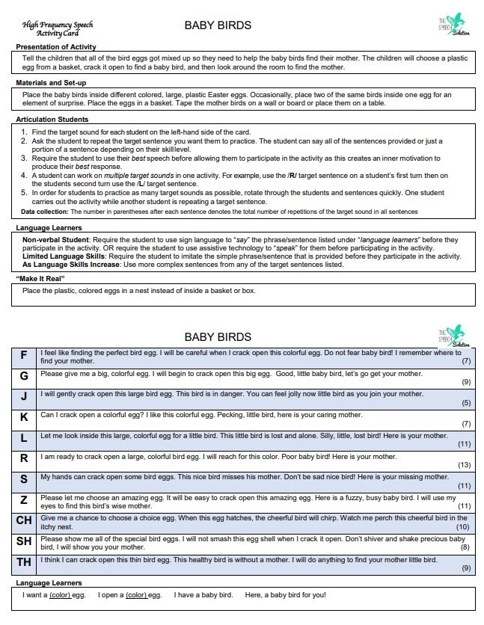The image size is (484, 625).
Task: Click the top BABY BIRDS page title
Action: tap(218, 25)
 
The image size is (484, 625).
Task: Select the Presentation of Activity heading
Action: tap(56, 47)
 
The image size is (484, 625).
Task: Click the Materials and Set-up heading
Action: tap(51, 82)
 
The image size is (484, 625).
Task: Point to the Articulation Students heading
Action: tap(53, 120)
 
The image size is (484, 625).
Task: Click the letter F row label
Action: tap(24, 356)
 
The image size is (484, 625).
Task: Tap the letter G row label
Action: tap(24, 376)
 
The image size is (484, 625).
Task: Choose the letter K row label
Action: tap(24, 417)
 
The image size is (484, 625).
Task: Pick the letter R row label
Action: tap(24, 458)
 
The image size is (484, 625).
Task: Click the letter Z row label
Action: tap(24, 499)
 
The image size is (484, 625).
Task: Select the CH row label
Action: tap(24, 520)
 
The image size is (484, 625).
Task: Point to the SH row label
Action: tap(24, 541)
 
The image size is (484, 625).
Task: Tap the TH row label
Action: tap(24, 561)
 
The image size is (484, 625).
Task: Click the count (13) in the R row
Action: tap(464, 465)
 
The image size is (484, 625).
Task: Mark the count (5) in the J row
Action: tap(466, 403)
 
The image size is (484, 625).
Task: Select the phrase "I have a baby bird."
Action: tap(203, 595)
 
